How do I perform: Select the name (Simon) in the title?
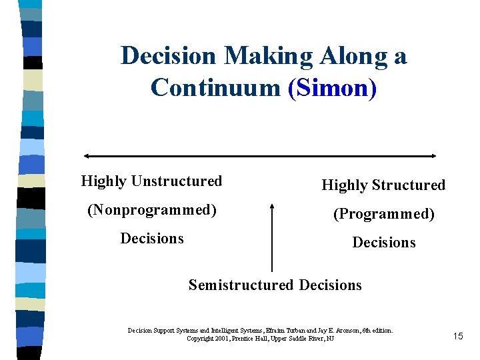point(332,87)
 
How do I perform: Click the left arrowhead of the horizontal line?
point(86,156)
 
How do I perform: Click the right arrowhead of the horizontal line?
point(433,156)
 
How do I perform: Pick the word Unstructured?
point(177,181)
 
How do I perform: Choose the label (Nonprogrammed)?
point(152,210)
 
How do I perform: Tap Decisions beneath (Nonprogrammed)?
point(152,239)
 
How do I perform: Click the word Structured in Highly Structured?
point(409,185)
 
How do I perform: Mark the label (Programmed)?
point(384,214)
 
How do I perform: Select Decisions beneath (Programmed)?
point(384,243)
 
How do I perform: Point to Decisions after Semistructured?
point(331,285)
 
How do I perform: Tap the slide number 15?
point(457,336)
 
